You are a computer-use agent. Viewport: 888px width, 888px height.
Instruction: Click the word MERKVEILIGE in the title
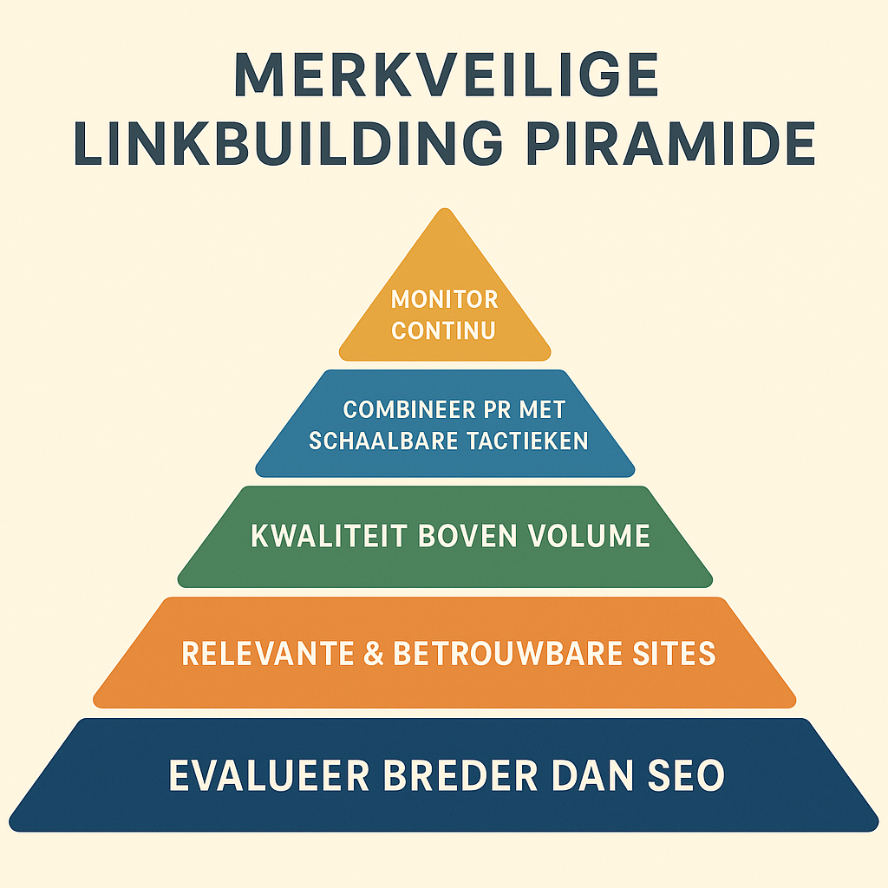pos(447,75)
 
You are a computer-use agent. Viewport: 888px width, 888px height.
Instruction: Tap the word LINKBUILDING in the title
pos(288,144)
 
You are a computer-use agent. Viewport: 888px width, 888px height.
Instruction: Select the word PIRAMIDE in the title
pos(671,144)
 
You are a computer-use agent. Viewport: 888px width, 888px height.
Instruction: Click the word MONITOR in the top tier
pos(445,299)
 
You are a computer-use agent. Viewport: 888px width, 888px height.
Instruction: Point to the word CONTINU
pos(443,330)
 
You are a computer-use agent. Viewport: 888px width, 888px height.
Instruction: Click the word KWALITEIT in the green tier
pos(329,536)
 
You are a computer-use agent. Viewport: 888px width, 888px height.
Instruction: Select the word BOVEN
pos(467,536)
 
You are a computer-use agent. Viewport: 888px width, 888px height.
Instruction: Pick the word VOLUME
pos(589,536)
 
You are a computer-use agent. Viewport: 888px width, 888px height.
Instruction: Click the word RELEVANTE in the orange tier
pos(268,653)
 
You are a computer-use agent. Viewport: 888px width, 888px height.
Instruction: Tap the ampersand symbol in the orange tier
pos(374,653)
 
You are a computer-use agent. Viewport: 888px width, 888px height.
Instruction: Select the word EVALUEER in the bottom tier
pos(270,775)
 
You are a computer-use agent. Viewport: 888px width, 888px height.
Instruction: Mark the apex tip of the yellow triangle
pos(445,208)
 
